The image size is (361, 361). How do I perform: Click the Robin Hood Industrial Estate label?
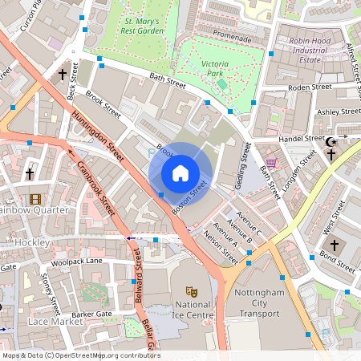coord(311,49)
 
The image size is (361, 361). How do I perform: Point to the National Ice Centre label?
coord(193,310)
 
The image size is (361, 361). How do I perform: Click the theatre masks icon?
coord(192,291)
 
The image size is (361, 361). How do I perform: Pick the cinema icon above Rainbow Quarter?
coord(34,198)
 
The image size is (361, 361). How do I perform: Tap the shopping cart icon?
coord(271,163)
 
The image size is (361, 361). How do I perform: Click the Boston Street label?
coord(190,197)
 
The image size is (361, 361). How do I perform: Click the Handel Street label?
coord(300,138)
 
